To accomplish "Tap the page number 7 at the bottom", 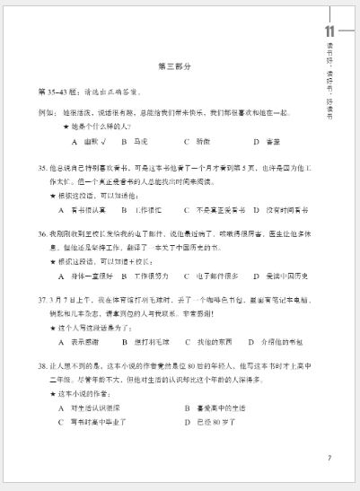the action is (x=329, y=458).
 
